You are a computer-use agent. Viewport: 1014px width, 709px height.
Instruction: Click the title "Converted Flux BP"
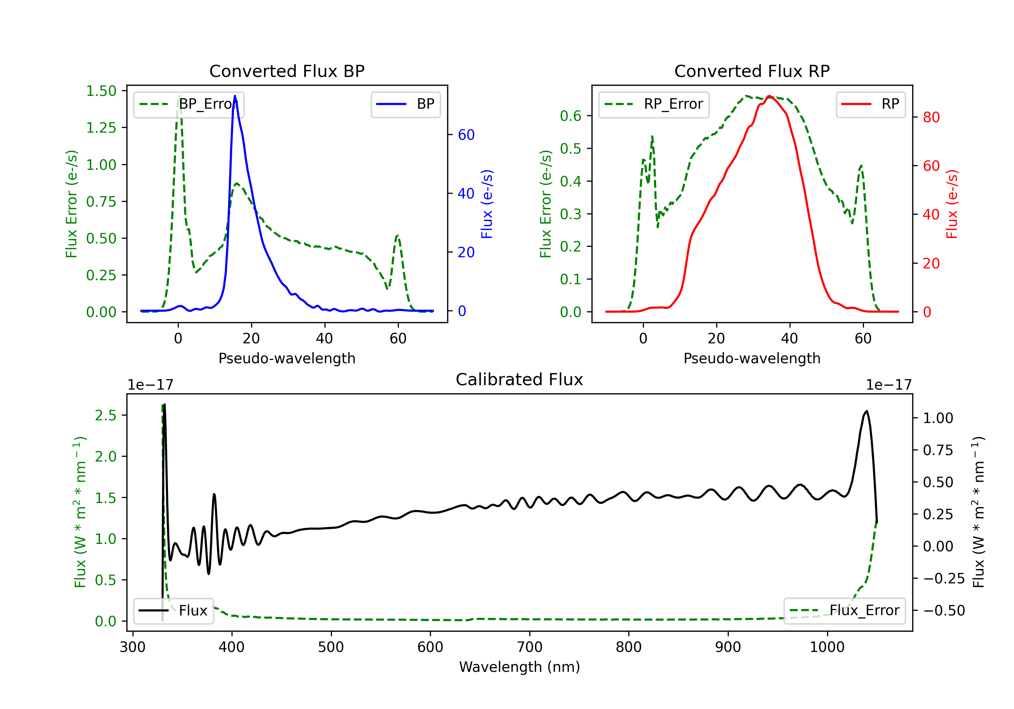287,71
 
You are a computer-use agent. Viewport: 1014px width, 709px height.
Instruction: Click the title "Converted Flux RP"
752,71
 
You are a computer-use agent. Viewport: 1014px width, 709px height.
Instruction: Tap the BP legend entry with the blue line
405,104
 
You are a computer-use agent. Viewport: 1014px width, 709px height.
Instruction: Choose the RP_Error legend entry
654,104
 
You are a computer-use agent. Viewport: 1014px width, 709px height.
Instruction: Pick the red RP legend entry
870,104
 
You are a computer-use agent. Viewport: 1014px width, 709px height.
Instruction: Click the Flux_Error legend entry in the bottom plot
844,611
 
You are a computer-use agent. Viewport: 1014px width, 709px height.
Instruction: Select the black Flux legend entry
173,611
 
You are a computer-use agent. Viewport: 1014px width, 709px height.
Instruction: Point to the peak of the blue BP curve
235,96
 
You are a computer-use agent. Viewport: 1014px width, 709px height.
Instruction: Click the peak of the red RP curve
769,96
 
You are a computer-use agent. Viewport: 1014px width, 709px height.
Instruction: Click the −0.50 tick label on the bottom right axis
944,611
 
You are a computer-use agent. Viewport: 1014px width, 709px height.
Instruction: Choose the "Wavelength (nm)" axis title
520,667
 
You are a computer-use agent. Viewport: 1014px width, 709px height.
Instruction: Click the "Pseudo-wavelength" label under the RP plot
752,358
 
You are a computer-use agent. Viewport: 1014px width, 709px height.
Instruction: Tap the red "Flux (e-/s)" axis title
952,204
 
